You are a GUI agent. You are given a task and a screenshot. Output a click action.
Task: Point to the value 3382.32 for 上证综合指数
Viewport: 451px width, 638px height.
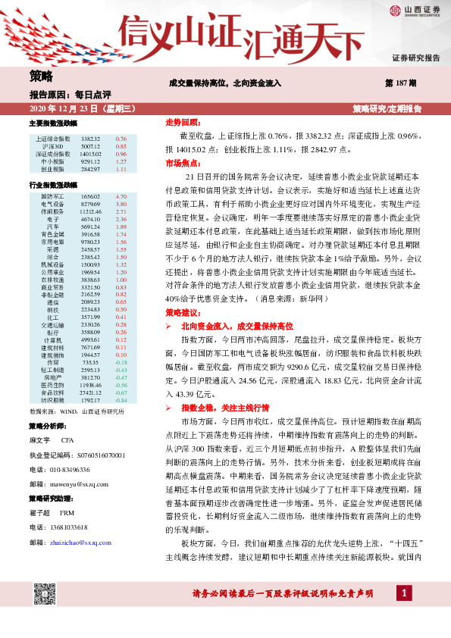[90, 139]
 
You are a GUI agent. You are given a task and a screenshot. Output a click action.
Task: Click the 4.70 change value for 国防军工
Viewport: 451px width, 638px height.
[121, 196]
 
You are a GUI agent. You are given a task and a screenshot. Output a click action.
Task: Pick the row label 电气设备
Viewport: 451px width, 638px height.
[52, 205]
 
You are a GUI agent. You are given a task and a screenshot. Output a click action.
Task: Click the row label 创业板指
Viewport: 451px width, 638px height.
[53, 169]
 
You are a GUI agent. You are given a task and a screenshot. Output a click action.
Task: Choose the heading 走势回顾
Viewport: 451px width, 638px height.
[182, 121]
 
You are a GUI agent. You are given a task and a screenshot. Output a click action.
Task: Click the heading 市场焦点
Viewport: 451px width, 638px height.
[182, 163]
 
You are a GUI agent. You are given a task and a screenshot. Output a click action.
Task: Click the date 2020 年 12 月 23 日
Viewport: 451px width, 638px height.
[58, 109]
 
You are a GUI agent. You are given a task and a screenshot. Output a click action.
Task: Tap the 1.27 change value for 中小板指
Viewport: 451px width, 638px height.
[121, 161]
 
